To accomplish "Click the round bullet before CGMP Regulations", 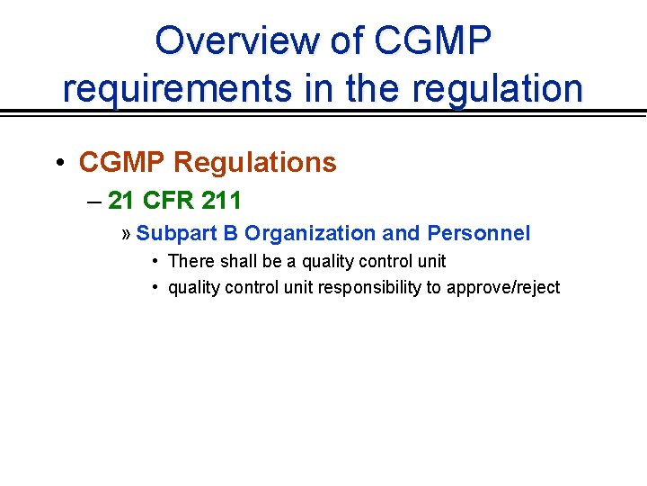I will (x=58, y=162).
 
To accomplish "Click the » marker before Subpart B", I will (x=126, y=234).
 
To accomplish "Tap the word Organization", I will (x=310, y=233).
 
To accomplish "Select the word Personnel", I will (x=479, y=233).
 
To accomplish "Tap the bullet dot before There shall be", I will (x=155, y=261).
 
